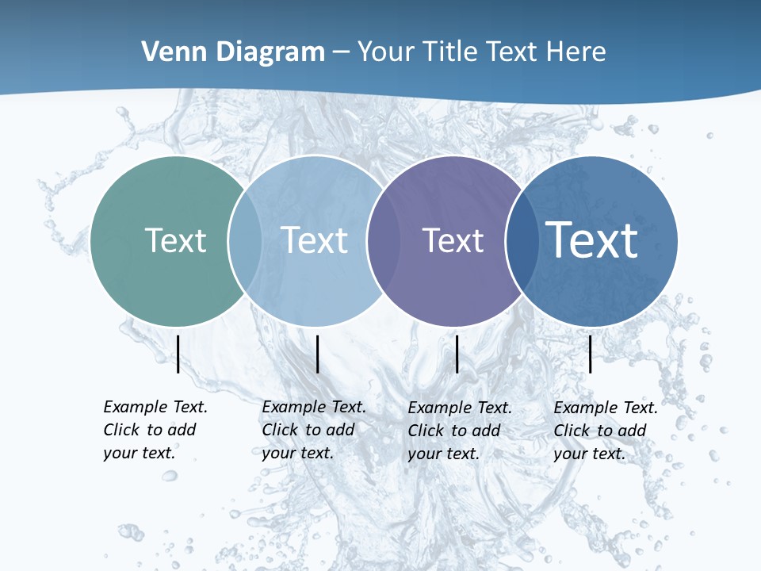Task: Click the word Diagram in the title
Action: coord(270,52)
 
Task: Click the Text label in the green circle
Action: coord(175,240)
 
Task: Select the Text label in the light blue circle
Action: coord(314,240)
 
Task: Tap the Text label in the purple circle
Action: coord(453,240)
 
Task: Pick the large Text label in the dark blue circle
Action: coord(592,240)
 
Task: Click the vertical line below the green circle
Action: coord(178,354)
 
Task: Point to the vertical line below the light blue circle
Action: coord(317,354)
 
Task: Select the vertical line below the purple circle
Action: coord(457,354)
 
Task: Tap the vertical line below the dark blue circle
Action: coord(591,354)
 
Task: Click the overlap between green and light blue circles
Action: coord(245,241)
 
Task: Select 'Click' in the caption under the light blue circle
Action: coord(280,430)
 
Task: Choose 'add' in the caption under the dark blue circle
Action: coord(632,431)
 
